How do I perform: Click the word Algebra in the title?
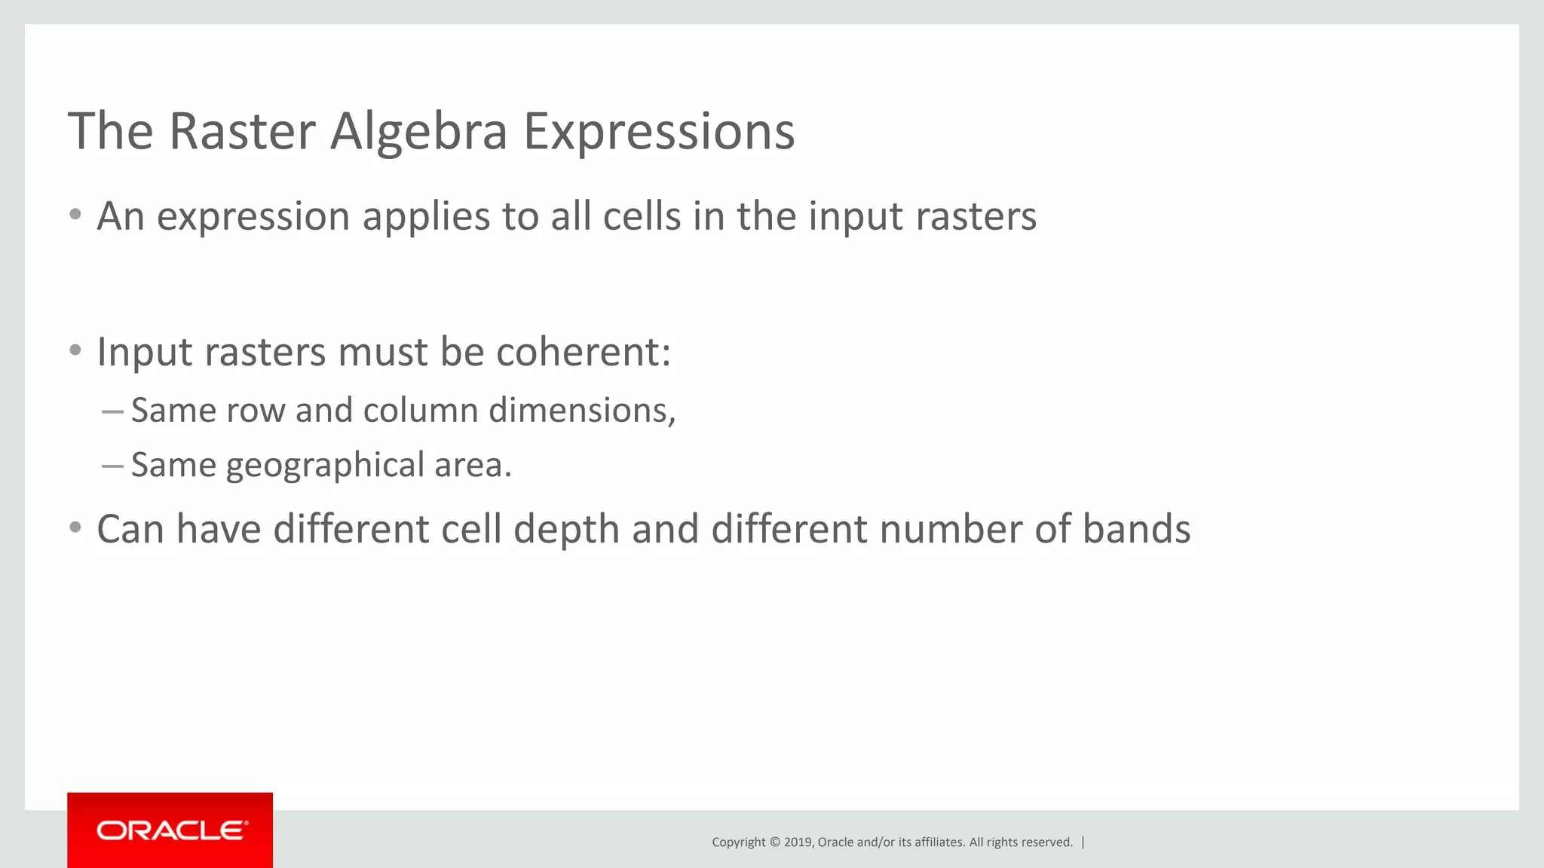point(418,132)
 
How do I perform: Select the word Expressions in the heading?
point(659,132)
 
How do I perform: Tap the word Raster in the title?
point(241,132)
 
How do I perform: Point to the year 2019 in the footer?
point(798,842)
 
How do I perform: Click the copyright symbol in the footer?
point(774,842)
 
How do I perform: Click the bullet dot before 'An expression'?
point(75,215)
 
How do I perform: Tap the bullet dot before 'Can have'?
point(75,527)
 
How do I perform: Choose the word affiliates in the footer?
point(939,842)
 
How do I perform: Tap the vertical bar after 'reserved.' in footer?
point(1083,842)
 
